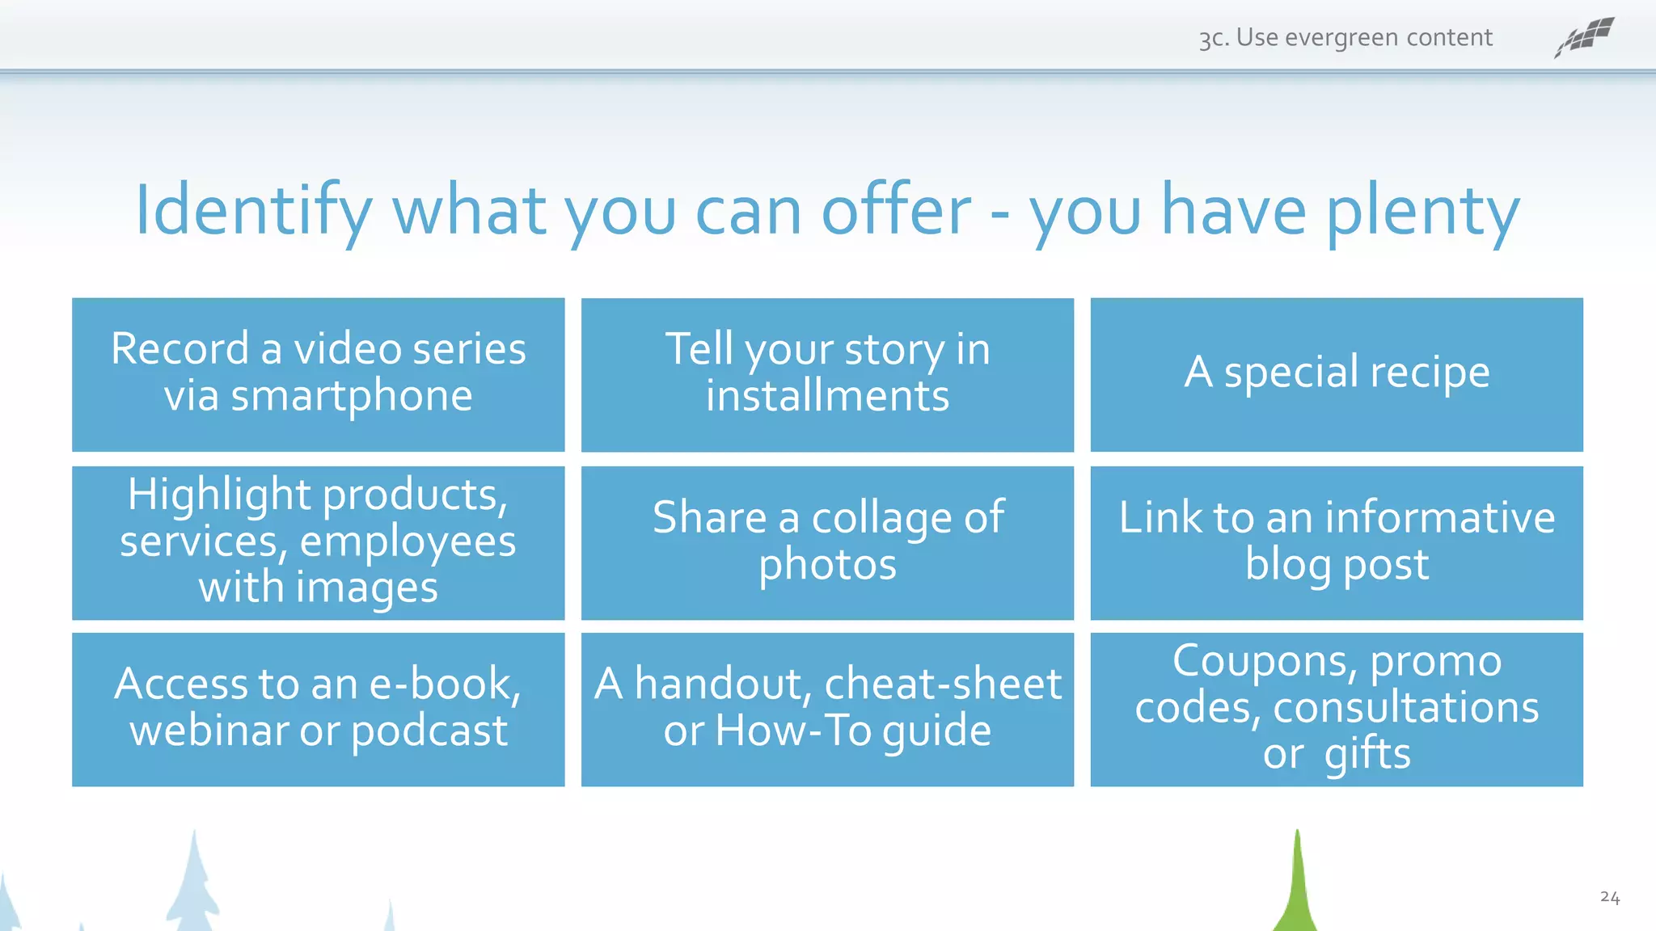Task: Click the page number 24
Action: pyautogui.click(x=1609, y=897)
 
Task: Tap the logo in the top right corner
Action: pyautogui.click(x=1584, y=37)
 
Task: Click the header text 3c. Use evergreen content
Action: pyautogui.click(x=1345, y=38)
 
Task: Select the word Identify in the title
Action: pyautogui.click(x=253, y=212)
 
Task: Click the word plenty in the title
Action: pyautogui.click(x=1423, y=212)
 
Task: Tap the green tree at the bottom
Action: pyautogui.click(x=1296, y=889)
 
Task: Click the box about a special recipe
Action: pyautogui.click(x=1337, y=373)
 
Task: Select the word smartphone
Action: pyautogui.click(x=351, y=397)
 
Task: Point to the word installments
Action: pyautogui.click(x=827, y=397)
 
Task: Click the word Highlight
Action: pyautogui.click(x=219, y=495)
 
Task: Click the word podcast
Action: pyautogui.click(x=429, y=731)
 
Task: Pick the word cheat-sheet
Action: pyautogui.click(x=943, y=685)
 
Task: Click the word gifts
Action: pyautogui.click(x=1367, y=755)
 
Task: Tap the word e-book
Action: pyautogui.click(x=445, y=685)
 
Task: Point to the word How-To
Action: pyautogui.click(x=793, y=731)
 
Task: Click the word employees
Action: pyautogui.click(x=408, y=541)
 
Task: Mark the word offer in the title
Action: pyautogui.click(x=896, y=212)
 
